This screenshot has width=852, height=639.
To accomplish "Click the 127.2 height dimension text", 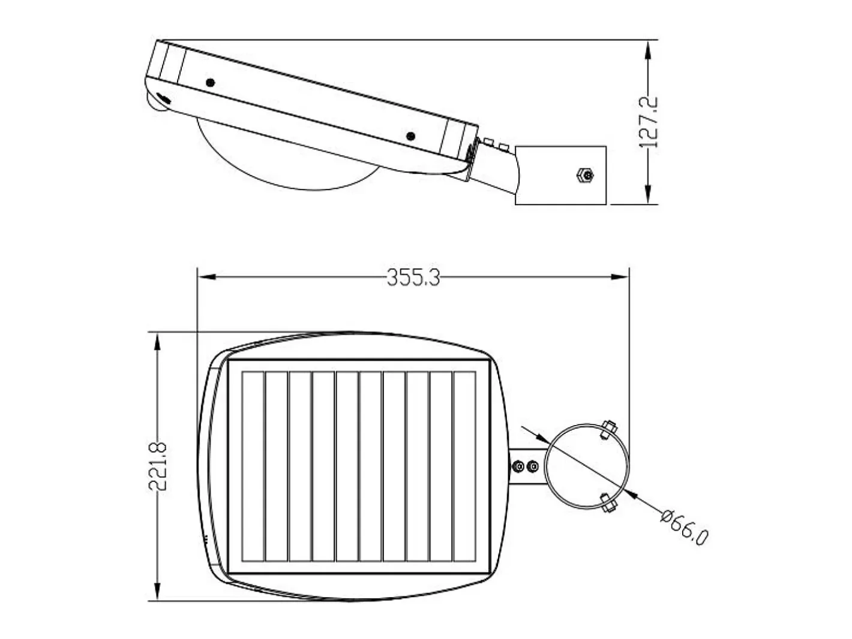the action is [649, 122].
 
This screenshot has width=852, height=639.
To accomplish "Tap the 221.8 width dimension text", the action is [158, 466].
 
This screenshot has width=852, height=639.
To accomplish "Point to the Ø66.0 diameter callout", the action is [684, 528].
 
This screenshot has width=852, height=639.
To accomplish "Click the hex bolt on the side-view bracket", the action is [585, 175].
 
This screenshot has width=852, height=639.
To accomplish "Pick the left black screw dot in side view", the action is [211, 83].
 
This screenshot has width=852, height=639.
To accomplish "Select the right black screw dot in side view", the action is [410, 136].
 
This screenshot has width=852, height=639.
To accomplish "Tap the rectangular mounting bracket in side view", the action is [560, 175].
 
